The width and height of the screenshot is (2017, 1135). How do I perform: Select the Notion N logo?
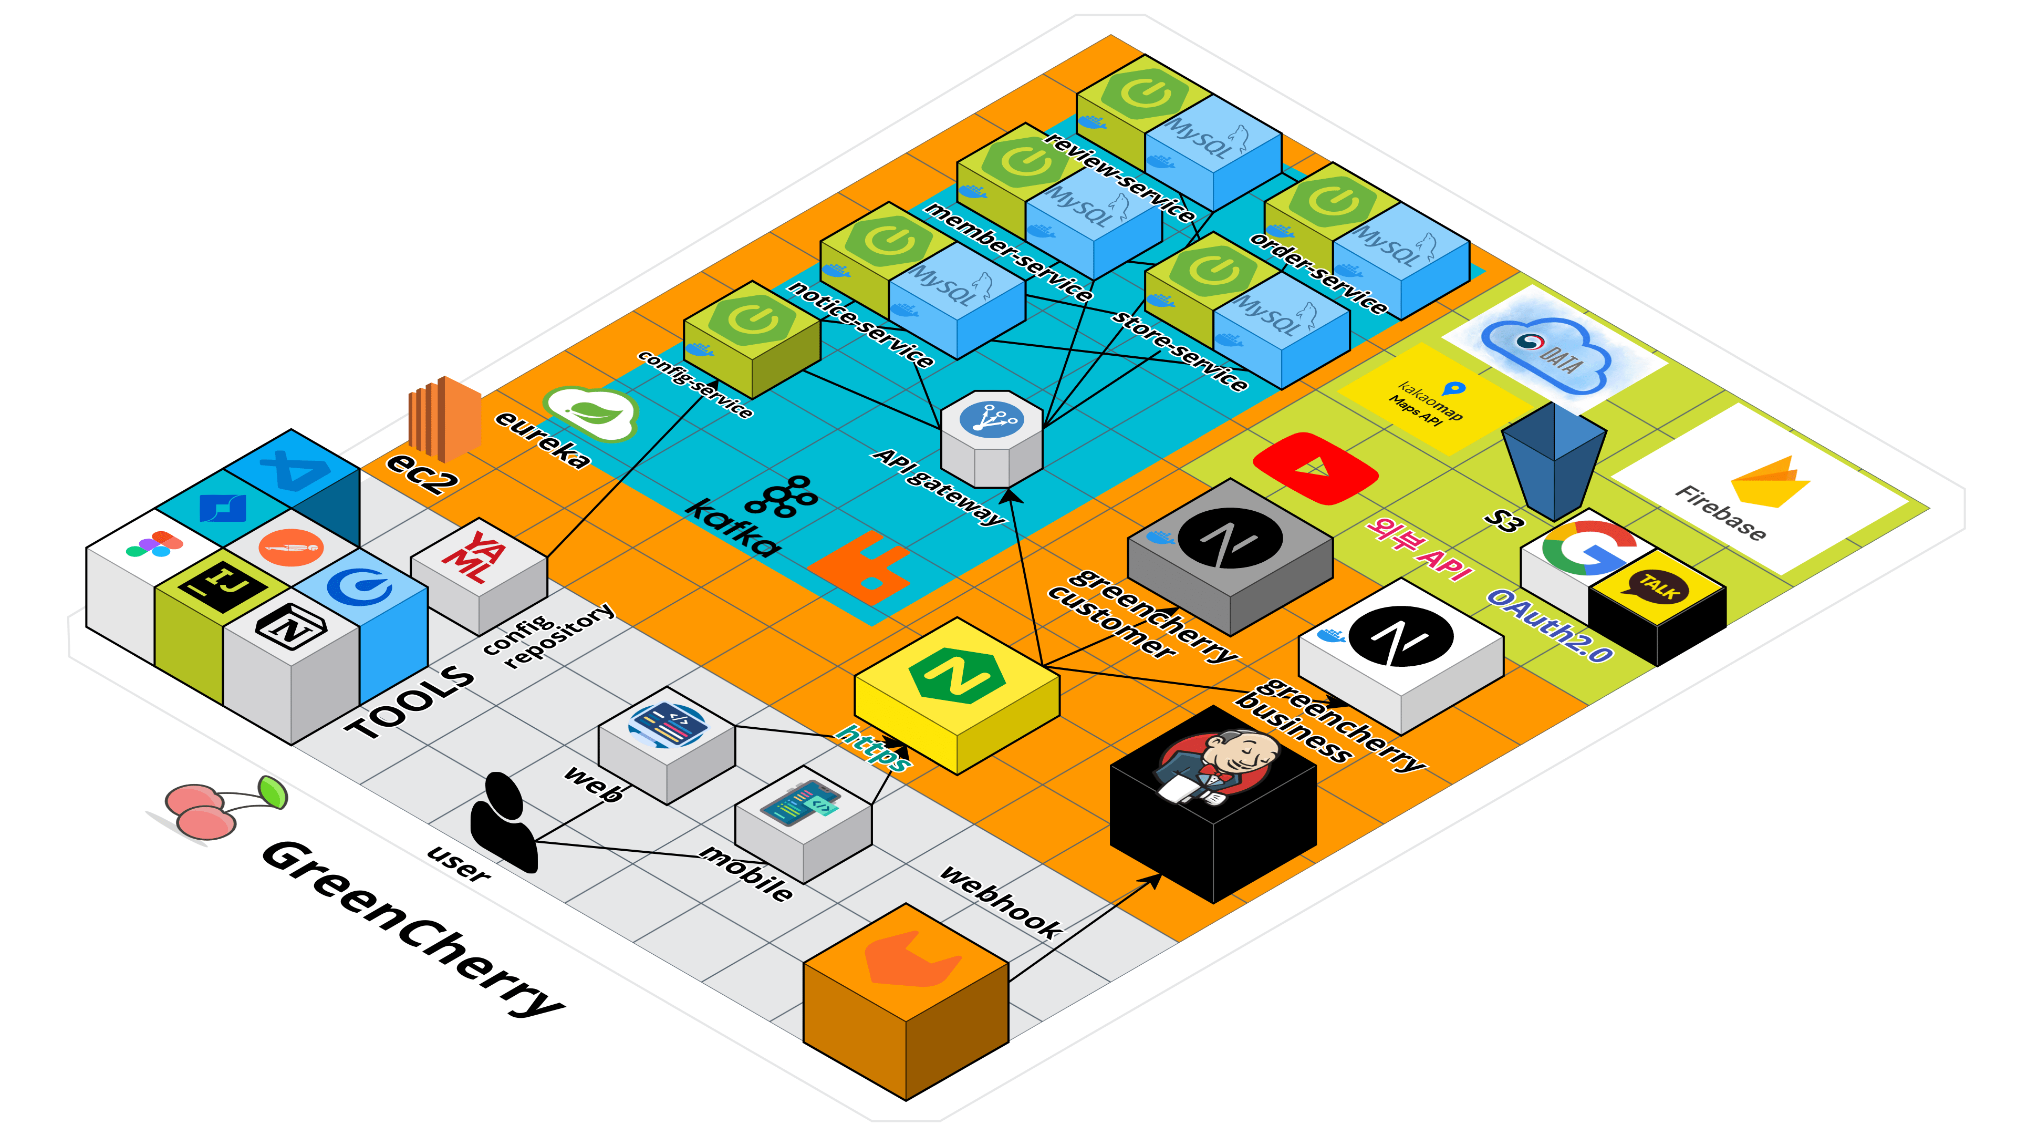(290, 627)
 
